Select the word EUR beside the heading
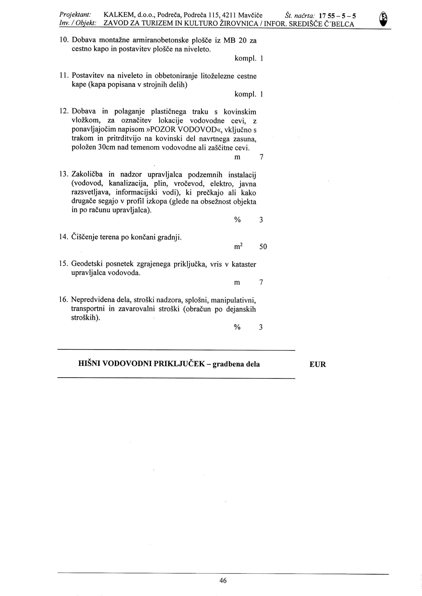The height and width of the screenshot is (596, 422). pos(318,364)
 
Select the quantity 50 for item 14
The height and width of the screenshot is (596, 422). pos(263,247)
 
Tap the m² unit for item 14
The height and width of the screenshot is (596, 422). pos(238,246)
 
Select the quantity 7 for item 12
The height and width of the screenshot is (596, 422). pos(261,157)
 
